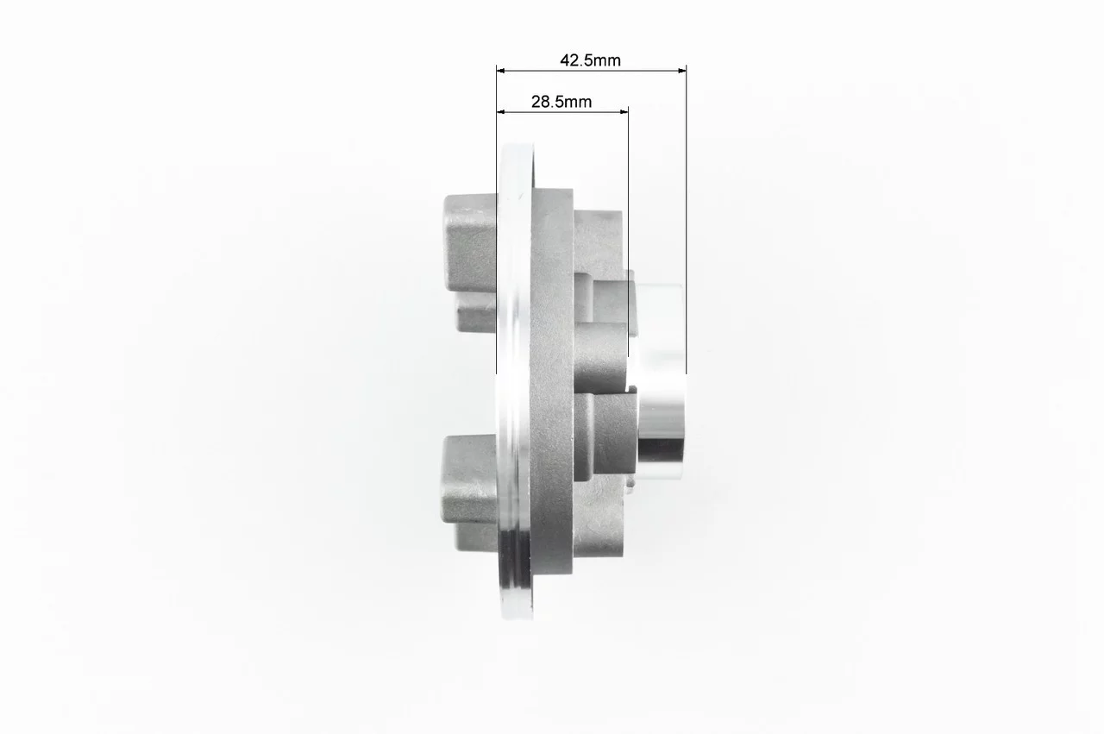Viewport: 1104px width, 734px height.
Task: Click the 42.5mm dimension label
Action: coord(590,60)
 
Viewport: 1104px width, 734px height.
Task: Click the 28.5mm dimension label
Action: coord(561,102)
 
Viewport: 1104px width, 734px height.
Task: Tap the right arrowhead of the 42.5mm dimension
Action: coord(682,71)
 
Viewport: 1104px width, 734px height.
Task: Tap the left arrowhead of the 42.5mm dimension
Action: coord(501,71)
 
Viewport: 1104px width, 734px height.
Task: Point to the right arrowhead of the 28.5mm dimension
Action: coord(624,112)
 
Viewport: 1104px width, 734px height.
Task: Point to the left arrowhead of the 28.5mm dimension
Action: coord(501,112)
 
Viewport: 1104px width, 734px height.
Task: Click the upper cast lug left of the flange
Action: coord(470,263)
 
